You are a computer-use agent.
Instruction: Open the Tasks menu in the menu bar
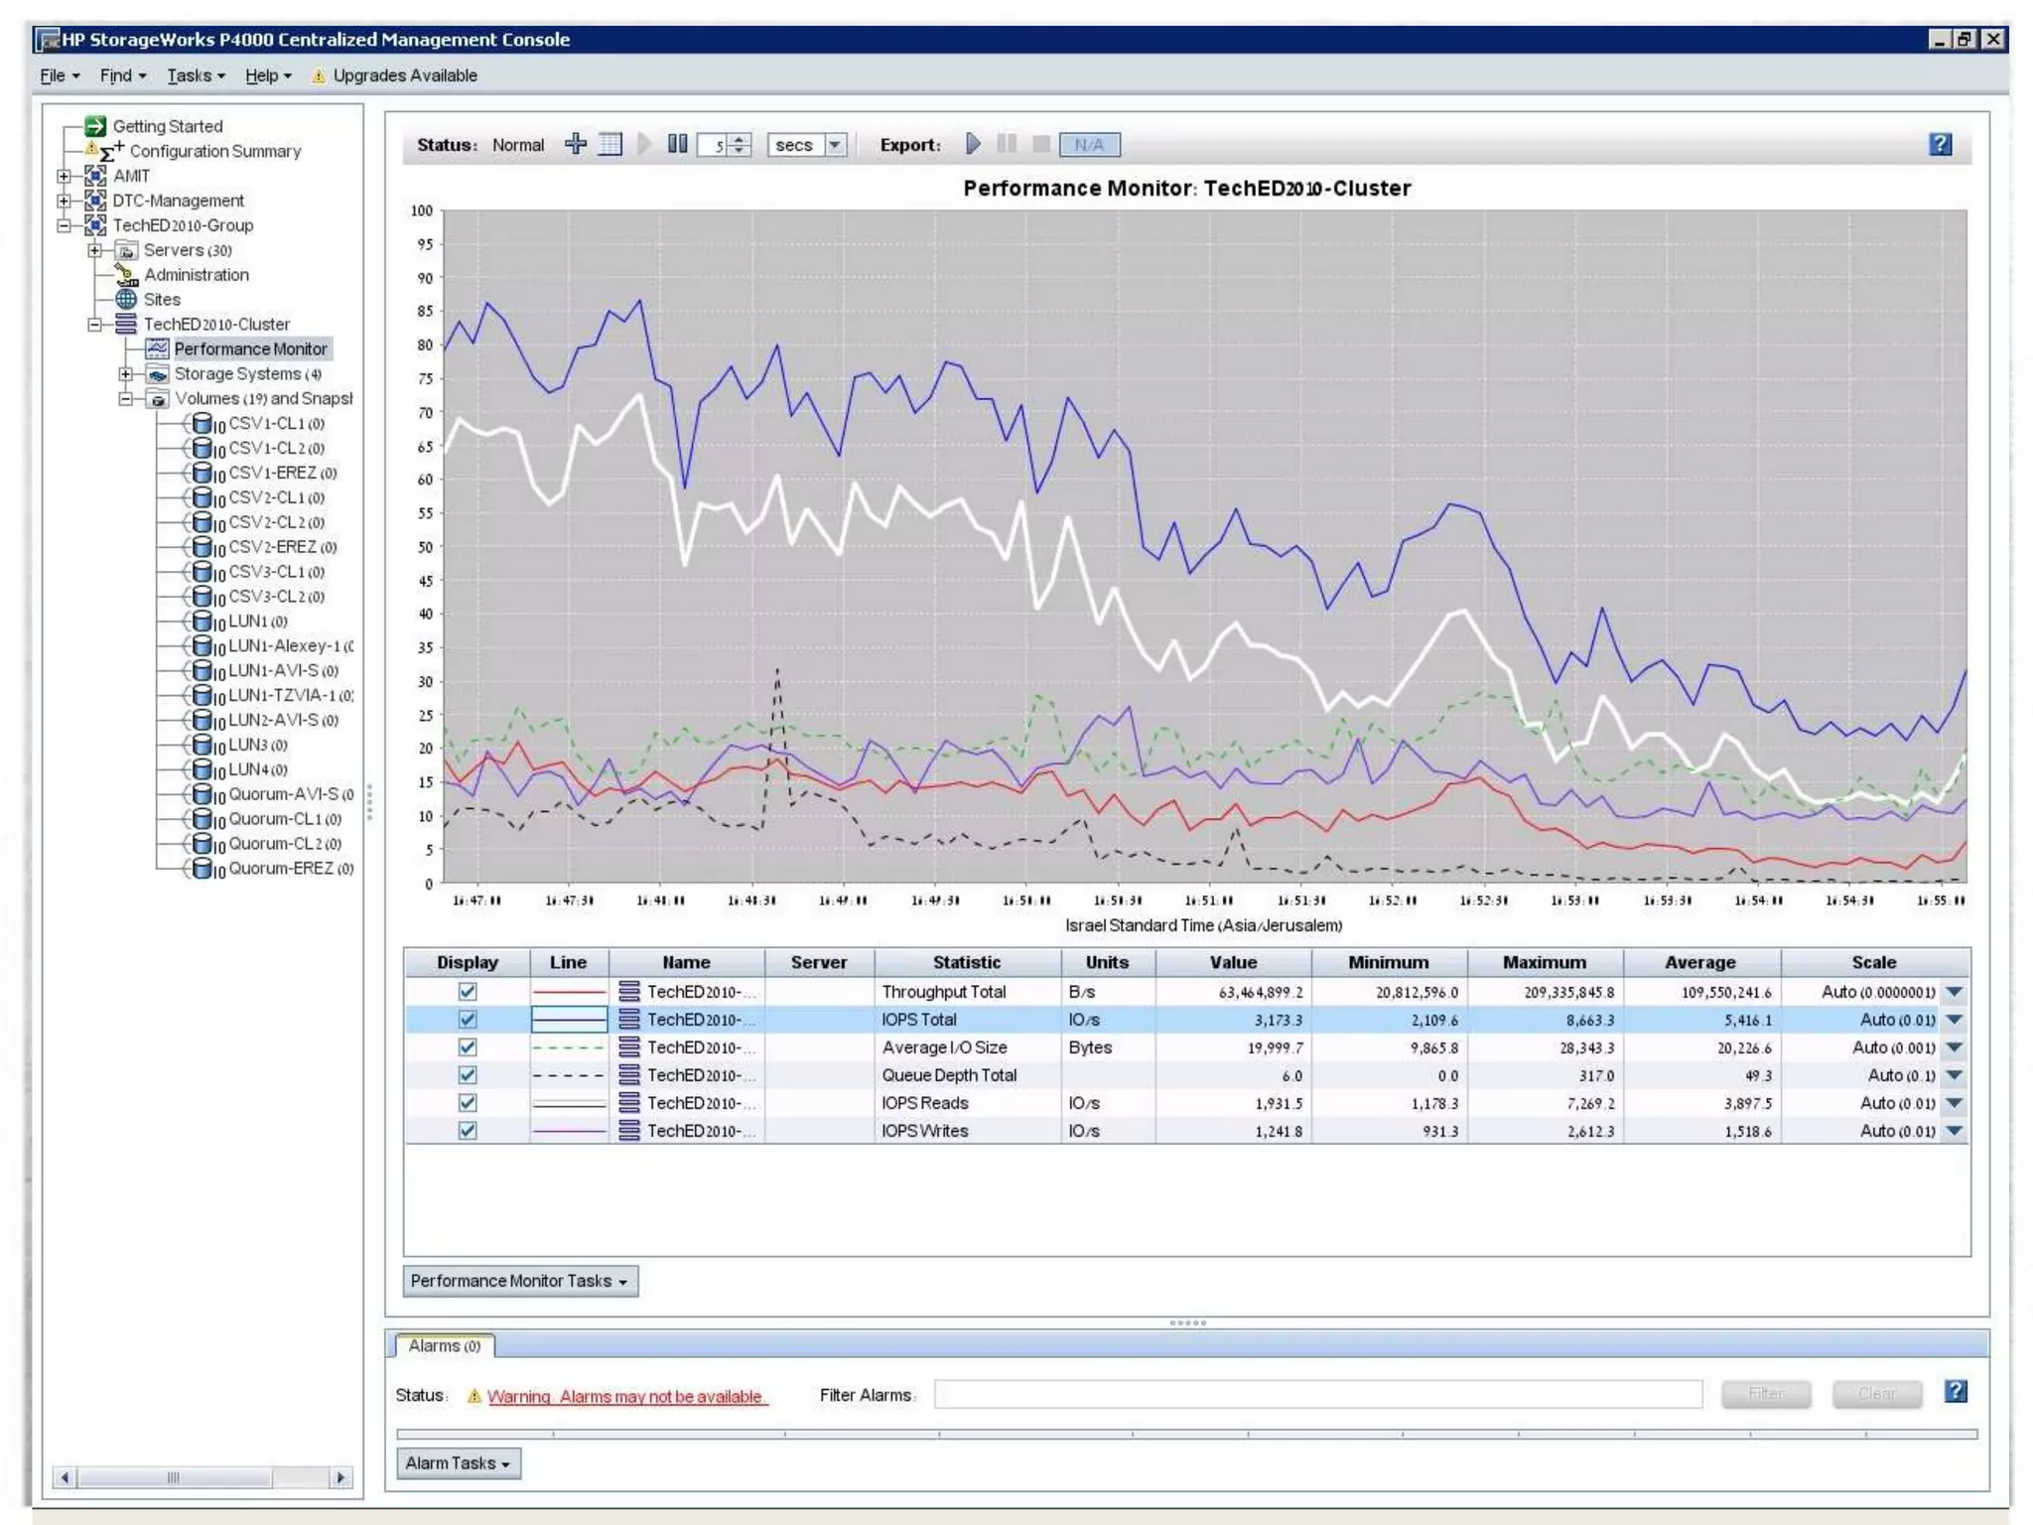[195, 75]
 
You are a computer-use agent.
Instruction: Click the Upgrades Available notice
[404, 75]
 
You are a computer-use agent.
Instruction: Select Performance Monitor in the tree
[250, 348]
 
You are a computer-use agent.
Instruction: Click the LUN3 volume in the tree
[257, 745]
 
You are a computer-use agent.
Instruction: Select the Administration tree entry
[196, 275]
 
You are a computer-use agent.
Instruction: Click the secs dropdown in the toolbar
[807, 145]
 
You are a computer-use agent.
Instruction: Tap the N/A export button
[1089, 145]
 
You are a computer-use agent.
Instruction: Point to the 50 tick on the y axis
[425, 547]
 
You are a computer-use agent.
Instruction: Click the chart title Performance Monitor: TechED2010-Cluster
[1186, 189]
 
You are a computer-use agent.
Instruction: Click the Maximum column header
[1544, 962]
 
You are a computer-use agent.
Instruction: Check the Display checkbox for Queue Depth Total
[468, 1075]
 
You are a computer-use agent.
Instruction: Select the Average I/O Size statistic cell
[944, 1047]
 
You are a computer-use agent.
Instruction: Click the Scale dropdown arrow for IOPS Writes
[1954, 1131]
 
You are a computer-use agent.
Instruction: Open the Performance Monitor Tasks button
[519, 1281]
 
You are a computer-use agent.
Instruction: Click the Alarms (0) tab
[444, 1346]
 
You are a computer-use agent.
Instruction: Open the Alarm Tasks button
[458, 1463]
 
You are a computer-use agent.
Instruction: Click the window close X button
[1992, 39]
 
